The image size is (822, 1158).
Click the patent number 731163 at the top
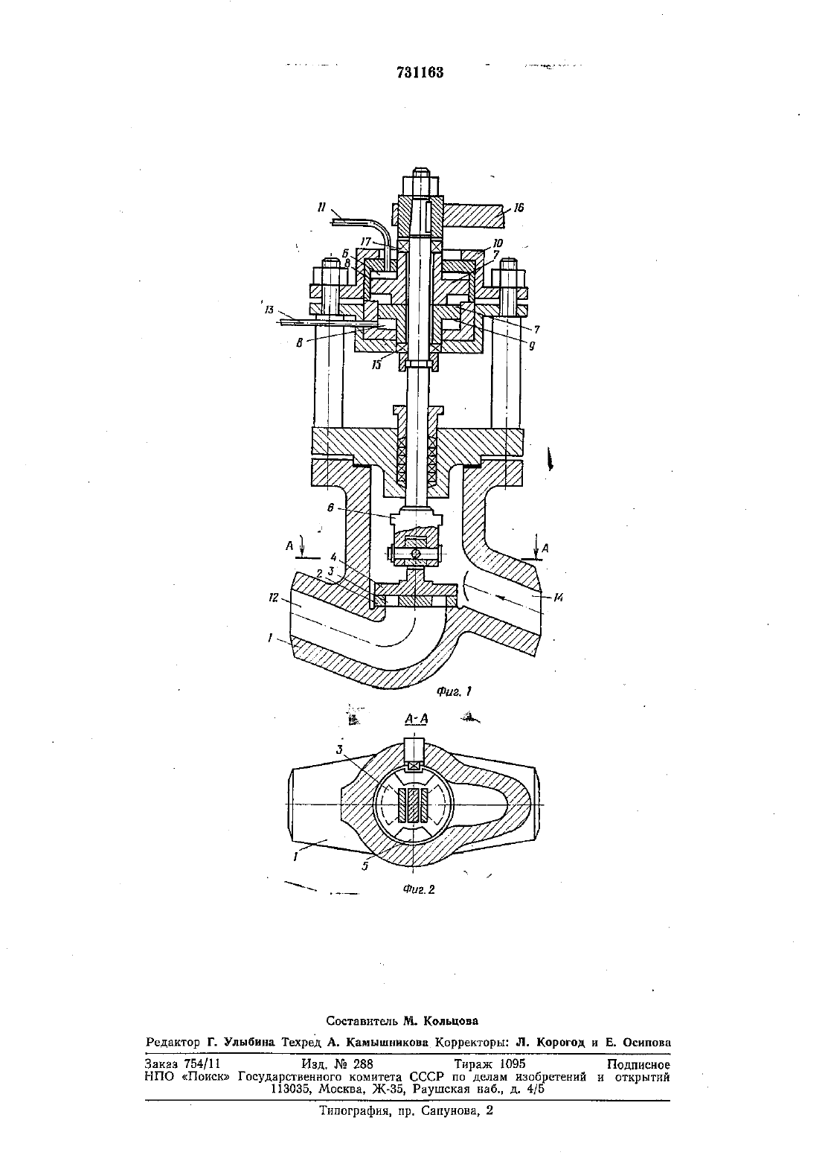pos(420,72)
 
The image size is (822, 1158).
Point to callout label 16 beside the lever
pos(518,208)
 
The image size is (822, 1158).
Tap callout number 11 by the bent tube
pos(322,208)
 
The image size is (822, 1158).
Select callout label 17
pos(366,241)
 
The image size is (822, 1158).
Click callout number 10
pos(498,243)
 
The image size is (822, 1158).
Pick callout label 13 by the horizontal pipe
pos(269,310)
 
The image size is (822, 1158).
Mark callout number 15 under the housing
pos(376,365)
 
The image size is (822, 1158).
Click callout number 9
pos(531,345)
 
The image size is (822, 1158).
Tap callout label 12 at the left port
pos(273,598)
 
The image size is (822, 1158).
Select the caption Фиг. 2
pos(419,889)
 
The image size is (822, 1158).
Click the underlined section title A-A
pos(417,719)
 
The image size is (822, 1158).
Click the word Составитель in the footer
pos(362,1021)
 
